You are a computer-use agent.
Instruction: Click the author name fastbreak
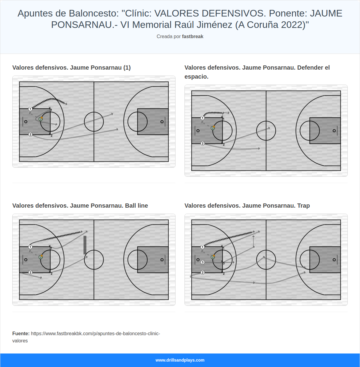[x=193, y=37]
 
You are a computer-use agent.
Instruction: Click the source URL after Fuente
[x=95, y=334]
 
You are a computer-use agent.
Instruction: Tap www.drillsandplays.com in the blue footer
[x=180, y=360]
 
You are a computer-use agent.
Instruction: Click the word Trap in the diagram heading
[x=303, y=206]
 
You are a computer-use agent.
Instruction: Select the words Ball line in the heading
[x=136, y=206]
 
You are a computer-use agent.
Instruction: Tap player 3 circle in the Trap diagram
[x=202, y=262]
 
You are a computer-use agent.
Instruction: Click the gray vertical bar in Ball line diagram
[x=85, y=245]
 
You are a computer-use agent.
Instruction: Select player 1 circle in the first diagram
[x=30, y=109]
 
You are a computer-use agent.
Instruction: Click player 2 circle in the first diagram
[x=30, y=134]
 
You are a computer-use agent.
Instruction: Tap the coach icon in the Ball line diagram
[x=40, y=257]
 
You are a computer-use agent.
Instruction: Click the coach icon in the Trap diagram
[x=213, y=257]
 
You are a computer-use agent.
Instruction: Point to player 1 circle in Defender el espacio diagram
[x=202, y=118]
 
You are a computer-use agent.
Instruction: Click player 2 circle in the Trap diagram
[x=202, y=272]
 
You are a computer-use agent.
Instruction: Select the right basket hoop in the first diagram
[x=162, y=122]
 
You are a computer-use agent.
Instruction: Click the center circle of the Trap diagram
[x=266, y=260]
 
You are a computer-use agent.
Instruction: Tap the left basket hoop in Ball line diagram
[x=26, y=260]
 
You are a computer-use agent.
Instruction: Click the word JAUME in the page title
[x=326, y=14]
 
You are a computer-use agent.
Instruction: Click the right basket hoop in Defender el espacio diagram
[x=334, y=131]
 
